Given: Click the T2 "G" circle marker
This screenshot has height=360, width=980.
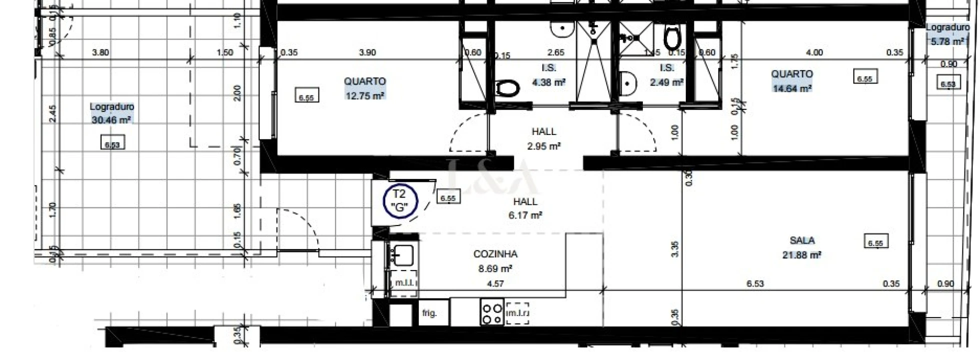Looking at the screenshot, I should coord(400,201).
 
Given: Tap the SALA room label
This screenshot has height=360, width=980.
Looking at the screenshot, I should coord(802,240).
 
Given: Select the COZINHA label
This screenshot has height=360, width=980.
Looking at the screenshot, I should coord(495,254).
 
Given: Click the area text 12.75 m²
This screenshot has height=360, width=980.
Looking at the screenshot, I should coord(365,95).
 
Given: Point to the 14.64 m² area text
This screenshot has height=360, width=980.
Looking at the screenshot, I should coord(792,88).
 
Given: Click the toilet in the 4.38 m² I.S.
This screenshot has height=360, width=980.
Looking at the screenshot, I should coord(506,89).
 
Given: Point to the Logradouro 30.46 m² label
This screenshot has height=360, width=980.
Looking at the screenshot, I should coord(112,113).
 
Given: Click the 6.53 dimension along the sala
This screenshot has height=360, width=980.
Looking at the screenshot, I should coord(755,284).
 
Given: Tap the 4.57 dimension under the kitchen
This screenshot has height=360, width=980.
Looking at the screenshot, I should coord(495,284).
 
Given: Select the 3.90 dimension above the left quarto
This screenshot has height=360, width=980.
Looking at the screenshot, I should coord(367,52).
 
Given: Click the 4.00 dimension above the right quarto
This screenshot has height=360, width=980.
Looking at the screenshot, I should coord(814,52).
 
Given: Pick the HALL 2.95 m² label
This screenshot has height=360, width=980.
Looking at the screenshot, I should coord(544,138).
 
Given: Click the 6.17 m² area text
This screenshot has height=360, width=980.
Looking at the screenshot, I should coord(525,215).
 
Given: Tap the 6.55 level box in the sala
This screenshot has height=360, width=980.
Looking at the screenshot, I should coord(875,243).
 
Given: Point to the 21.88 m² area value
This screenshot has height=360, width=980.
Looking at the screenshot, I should coord(801,255).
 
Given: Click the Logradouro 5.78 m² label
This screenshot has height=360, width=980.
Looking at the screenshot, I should coord(947,34).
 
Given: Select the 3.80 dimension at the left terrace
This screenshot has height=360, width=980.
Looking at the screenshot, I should coord(101,52).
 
